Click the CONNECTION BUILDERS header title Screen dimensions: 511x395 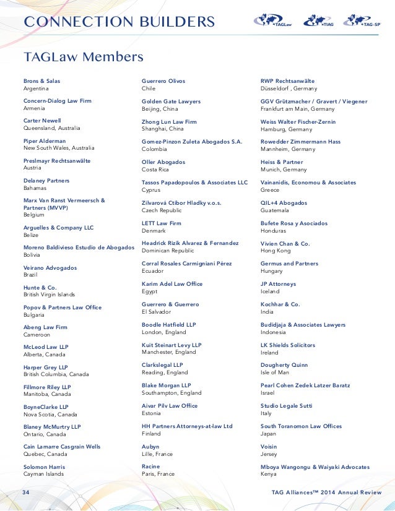tap(119, 22)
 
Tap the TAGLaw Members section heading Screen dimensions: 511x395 tap(84, 57)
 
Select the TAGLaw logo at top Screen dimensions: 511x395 tap(272, 21)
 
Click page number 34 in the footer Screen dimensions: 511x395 tap(26, 492)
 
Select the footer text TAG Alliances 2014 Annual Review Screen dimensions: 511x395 tap(326, 492)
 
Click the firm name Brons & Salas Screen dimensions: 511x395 tap(41, 81)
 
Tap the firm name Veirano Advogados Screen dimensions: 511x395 tap(50, 268)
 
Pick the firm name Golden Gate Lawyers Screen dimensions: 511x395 tap(171, 101)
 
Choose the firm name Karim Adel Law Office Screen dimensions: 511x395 tap(172, 284)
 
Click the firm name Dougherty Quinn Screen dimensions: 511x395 tap(284, 365)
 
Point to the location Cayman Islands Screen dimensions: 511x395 tap(43, 474)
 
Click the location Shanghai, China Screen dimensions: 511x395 tap(163, 129)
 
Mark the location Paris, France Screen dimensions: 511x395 tap(158, 474)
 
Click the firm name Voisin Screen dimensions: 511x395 tap(269, 447)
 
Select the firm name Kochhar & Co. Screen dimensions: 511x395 tap(280, 304)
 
